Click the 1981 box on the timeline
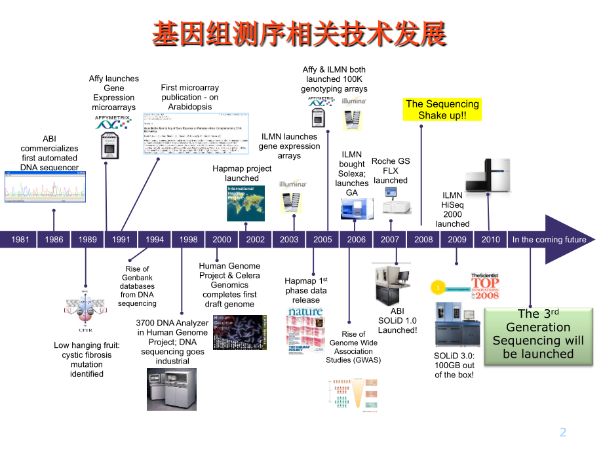(20, 240)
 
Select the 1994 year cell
(155, 240)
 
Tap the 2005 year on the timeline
(322, 240)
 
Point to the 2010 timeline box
(490, 240)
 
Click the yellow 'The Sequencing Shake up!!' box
(442, 109)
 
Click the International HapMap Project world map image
(246, 203)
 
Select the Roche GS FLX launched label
(391, 170)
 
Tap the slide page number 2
(562, 432)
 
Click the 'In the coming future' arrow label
(549, 240)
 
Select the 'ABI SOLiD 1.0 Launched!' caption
(397, 320)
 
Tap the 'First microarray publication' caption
(190, 97)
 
